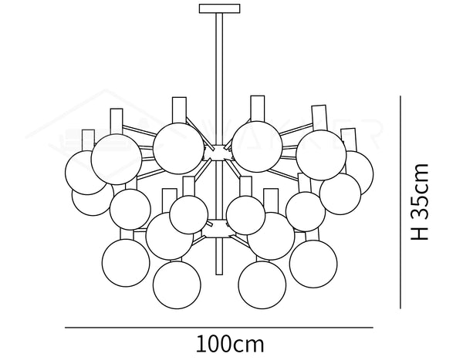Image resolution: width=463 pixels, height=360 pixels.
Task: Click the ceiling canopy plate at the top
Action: click(x=219, y=8)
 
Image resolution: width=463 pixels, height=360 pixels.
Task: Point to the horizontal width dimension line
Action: click(x=218, y=327)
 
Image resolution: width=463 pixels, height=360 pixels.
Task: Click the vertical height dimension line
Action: click(x=400, y=201)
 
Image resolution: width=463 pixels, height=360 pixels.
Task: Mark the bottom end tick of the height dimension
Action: click(x=400, y=308)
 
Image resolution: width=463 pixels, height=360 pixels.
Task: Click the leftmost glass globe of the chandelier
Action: click(x=86, y=172)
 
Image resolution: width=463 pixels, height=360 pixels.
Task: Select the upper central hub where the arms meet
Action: click(x=218, y=152)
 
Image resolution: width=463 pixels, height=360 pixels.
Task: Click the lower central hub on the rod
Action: click(x=218, y=227)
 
